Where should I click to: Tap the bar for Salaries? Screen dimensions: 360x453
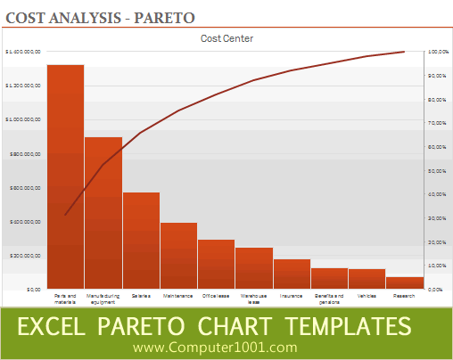pyautogui.click(x=141, y=240)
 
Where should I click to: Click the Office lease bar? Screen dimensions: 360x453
pyautogui.click(x=216, y=264)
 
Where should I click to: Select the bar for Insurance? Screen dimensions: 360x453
pyautogui.click(x=292, y=274)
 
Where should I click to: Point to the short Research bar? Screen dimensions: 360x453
pyautogui.click(x=405, y=282)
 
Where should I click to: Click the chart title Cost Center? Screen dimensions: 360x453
pyautogui.click(x=226, y=38)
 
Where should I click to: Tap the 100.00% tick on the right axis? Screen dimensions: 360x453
pyautogui.click(x=438, y=52)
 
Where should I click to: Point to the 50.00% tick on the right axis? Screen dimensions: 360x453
pyautogui.click(x=438, y=170)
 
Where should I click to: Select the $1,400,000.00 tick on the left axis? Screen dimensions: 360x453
pyautogui.click(x=23, y=52)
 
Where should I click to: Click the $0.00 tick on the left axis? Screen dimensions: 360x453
pyautogui.click(x=33, y=290)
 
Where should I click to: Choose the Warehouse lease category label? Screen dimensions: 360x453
pyautogui.click(x=254, y=298)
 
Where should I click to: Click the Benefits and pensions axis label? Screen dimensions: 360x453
pyautogui.click(x=329, y=298)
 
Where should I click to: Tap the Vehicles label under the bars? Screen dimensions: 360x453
pyautogui.click(x=367, y=295)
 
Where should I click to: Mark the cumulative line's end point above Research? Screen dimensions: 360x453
pyautogui.click(x=405, y=52)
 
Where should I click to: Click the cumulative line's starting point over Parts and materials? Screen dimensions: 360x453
pyautogui.click(x=65, y=215)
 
